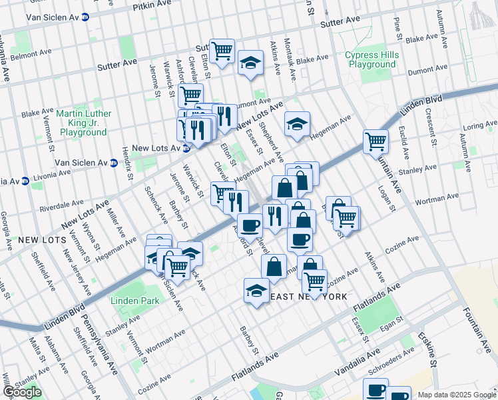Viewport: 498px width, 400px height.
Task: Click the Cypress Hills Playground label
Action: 370,59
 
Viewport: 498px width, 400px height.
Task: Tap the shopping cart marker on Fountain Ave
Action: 376,141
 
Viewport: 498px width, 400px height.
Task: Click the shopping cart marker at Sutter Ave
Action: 222,50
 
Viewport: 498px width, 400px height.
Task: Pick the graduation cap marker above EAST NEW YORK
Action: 256,290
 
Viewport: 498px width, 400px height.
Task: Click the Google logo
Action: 22,392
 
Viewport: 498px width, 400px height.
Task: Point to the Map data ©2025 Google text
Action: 456,395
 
